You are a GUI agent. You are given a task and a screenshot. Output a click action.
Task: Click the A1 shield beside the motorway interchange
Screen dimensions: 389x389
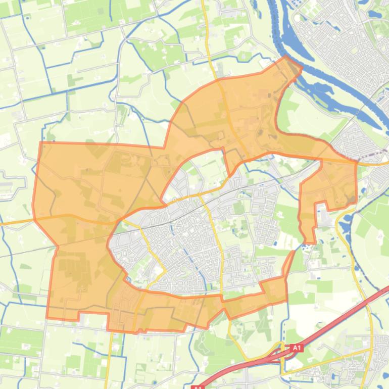296,348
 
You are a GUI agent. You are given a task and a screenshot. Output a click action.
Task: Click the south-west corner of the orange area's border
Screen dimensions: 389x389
47,318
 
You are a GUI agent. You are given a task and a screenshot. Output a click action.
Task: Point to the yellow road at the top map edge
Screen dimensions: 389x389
203,2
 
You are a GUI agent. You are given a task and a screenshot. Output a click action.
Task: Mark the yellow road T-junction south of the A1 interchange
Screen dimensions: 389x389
282,374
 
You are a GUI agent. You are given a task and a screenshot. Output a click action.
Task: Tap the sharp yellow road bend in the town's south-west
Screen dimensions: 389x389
163,271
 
